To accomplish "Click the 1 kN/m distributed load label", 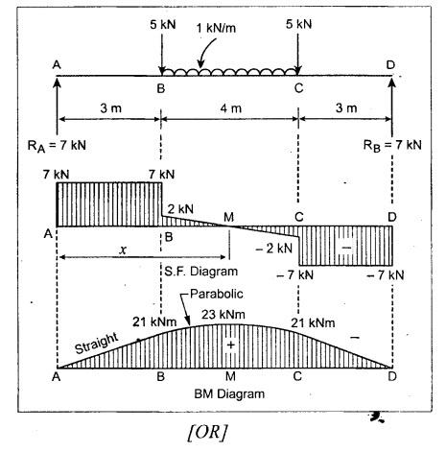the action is click(216, 28).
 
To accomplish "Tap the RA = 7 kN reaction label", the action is click(57, 146).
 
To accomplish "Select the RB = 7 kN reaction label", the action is click(392, 146).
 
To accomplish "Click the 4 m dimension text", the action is click(230, 108).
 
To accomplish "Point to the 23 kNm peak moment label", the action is click(223, 315).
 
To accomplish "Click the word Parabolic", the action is click(217, 294).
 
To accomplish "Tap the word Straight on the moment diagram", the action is click(97, 344).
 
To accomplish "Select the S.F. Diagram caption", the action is click(201, 272).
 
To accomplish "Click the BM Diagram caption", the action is click(229, 393).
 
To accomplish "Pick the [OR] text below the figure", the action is click(208, 433).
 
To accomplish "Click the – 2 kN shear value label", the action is click(274, 248).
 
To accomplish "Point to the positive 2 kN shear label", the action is click(180, 209).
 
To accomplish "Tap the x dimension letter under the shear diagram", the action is click(123, 250).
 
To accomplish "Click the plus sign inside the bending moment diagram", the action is click(230, 345).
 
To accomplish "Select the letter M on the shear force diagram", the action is click(228, 218).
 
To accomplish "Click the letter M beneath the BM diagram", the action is click(230, 376).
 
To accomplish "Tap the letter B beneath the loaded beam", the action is click(161, 88).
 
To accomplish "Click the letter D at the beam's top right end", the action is click(390, 65).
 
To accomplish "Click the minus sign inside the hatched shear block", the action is click(346, 248).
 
